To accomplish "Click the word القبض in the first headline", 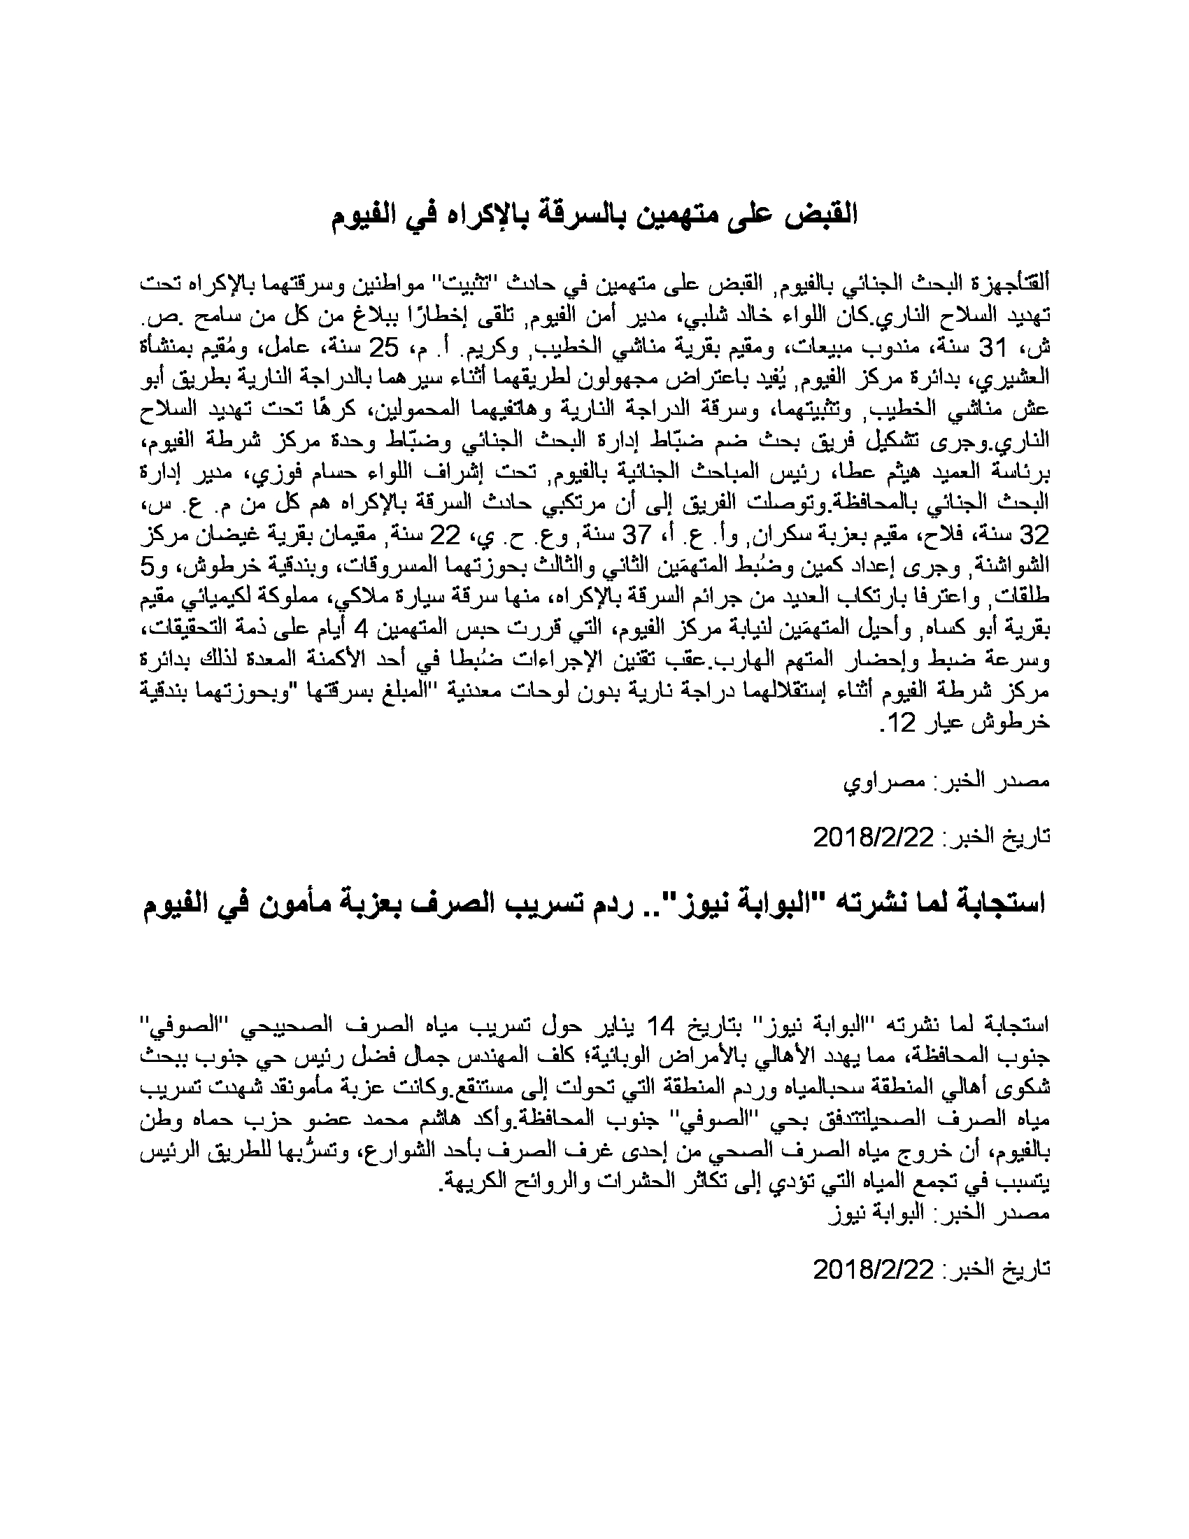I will pos(820,214).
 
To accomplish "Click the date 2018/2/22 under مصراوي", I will pos(874,838).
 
